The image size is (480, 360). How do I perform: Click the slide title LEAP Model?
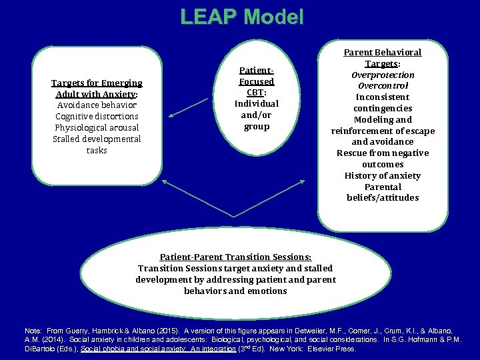click(x=241, y=17)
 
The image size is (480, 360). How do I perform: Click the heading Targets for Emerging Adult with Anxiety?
click(x=97, y=88)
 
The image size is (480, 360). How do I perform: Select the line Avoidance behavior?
click(x=97, y=105)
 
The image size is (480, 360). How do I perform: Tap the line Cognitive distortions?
click(x=97, y=116)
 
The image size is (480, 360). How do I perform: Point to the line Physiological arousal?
click(x=97, y=127)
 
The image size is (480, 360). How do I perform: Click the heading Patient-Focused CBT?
click(x=257, y=81)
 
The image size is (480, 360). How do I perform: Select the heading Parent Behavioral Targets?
click(x=382, y=57)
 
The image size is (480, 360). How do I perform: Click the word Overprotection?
click(x=383, y=75)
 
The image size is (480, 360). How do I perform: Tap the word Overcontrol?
click(x=383, y=86)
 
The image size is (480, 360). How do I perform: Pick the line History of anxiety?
click(x=383, y=175)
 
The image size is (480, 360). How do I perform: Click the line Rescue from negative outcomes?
click(x=383, y=159)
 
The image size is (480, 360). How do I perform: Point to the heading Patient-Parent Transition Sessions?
click(x=235, y=257)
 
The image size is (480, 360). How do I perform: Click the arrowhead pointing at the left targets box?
click(x=171, y=117)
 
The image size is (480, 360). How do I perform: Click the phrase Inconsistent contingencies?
click(x=383, y=103)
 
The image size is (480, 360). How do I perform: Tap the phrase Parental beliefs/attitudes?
click(x=383, y=192)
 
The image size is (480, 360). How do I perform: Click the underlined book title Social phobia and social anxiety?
click(x=157, y=349)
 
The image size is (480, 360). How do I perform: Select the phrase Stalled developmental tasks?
click(x=97, y=144)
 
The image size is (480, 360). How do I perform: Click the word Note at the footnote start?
click(x=32, y=331)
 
